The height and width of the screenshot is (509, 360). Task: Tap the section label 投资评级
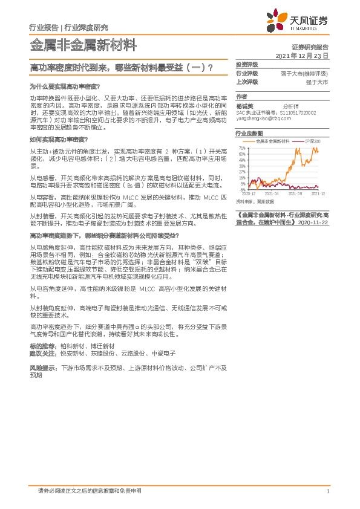[x=247, y=65]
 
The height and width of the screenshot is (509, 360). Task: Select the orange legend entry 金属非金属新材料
[x=270, y=141]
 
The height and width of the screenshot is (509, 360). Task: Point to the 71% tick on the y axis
[x=242, y=148]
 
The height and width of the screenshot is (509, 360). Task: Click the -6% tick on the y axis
[x=243, y=190]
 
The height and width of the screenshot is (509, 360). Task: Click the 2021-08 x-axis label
[x=295, y=194]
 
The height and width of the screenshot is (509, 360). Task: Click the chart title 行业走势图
[x=249, y=132]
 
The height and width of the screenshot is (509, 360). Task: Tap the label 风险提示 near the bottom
[x=44, y=367]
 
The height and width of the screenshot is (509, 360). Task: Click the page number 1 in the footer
[x=327, y=491]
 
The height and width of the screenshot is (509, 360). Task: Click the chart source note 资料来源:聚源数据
[x=255, y=201]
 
